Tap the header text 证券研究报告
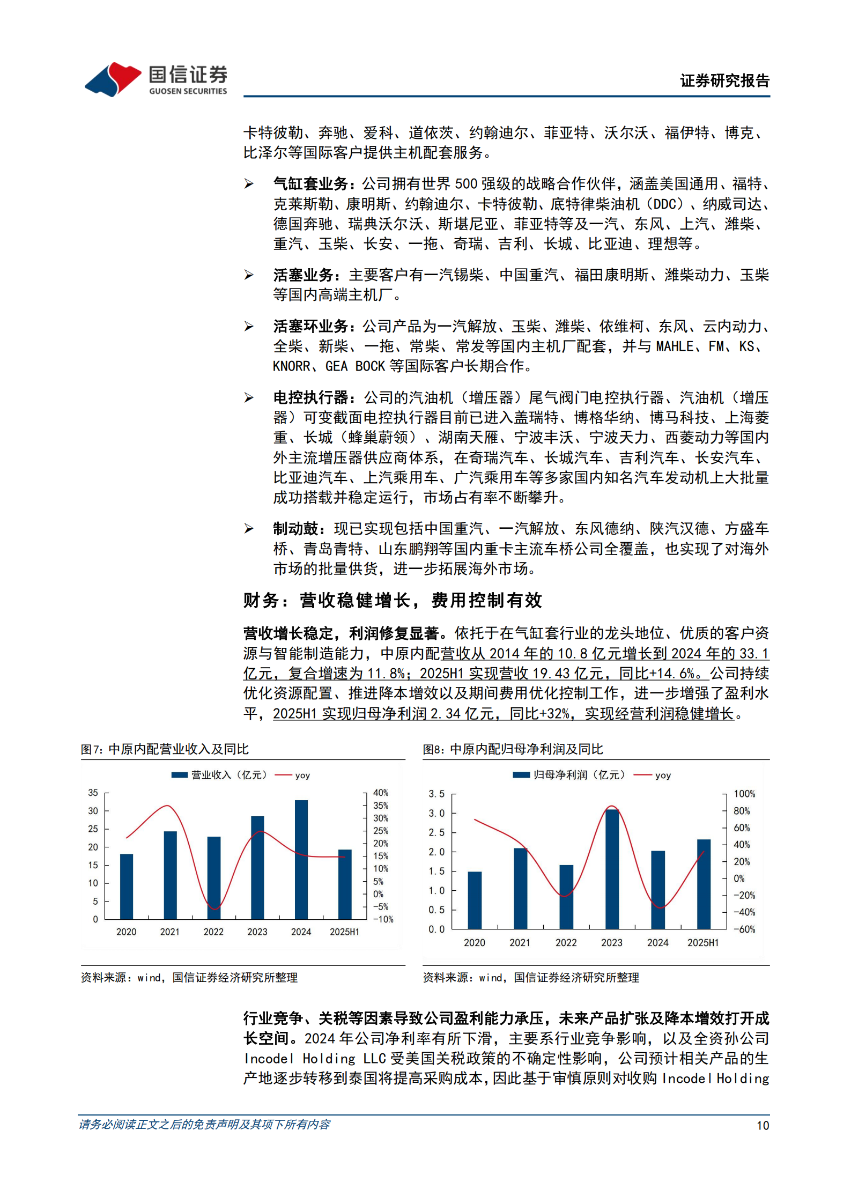(724, 81)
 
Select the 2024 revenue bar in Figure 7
(301, 859)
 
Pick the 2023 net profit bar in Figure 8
(612, 869)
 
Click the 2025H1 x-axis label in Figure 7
(344, 932)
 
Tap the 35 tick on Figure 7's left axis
(93, 793)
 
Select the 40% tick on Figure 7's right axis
(381, 793)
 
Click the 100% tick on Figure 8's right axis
(744, 794)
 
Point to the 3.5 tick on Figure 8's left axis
(436, 794)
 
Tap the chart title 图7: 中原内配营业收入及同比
(165, 749)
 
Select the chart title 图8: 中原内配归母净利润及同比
(513, 749)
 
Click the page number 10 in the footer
(763, 1126)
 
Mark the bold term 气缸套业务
(311, 184)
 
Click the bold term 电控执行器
(311, 397)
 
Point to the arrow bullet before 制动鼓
(249, 529)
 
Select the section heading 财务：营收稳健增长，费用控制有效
(393, 601)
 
